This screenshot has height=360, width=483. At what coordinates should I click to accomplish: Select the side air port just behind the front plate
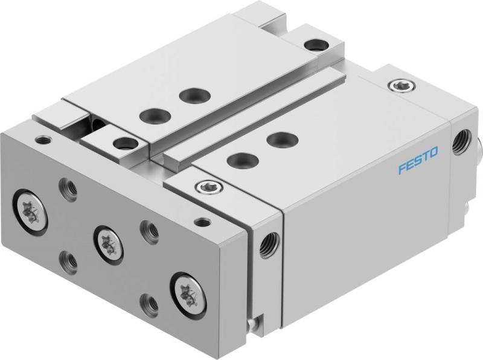tap(265, 244)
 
